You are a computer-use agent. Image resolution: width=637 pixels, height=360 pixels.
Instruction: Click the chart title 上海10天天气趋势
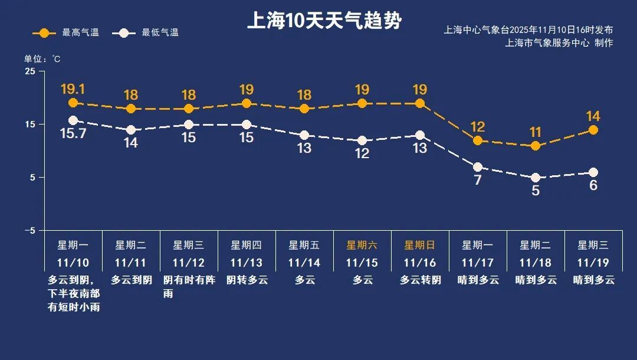(x=324, y=21)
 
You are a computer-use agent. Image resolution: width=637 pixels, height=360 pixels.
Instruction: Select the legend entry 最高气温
(x=65, y=33)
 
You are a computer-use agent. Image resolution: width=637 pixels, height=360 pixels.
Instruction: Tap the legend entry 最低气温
(x=149, y=33)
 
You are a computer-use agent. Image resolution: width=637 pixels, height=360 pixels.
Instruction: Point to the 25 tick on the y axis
(x=30, y=71)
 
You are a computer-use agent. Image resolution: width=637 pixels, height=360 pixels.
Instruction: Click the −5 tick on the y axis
(x=29, y=230)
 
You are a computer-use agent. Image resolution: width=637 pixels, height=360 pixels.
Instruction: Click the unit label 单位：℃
(x=42, y=59)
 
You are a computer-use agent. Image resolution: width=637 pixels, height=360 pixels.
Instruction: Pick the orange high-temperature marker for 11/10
(x=73, y=103)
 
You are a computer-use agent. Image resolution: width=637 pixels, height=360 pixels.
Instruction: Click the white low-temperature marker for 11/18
(x=536, y=178)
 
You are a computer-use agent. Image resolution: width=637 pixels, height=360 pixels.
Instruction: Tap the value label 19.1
(x=73, y=89)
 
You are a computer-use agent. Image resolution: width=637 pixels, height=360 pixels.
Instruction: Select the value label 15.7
(x=73, y=134)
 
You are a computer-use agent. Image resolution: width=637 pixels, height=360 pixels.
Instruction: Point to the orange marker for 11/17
(x=478, y=140)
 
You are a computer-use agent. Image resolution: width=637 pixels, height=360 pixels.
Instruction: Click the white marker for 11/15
(x=362, y=140)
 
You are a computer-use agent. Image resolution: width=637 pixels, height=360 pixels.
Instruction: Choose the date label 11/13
(x=246, y=263)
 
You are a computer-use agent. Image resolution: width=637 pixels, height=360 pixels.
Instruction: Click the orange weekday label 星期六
(x=362, y=245)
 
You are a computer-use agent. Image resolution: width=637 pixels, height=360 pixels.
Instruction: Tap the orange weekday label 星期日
(x=419, y=245)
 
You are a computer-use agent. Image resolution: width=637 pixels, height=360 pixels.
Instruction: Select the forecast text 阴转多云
(x=247, y=280)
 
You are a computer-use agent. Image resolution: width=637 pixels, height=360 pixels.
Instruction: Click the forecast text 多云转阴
(x=420, y=280)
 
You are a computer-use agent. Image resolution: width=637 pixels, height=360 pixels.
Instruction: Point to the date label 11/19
(x=593, y=263)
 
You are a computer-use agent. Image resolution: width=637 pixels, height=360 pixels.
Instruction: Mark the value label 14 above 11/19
(x=593, y=116)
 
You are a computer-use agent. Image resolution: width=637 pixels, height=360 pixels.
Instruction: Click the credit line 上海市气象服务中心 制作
(x=559, y=43)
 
